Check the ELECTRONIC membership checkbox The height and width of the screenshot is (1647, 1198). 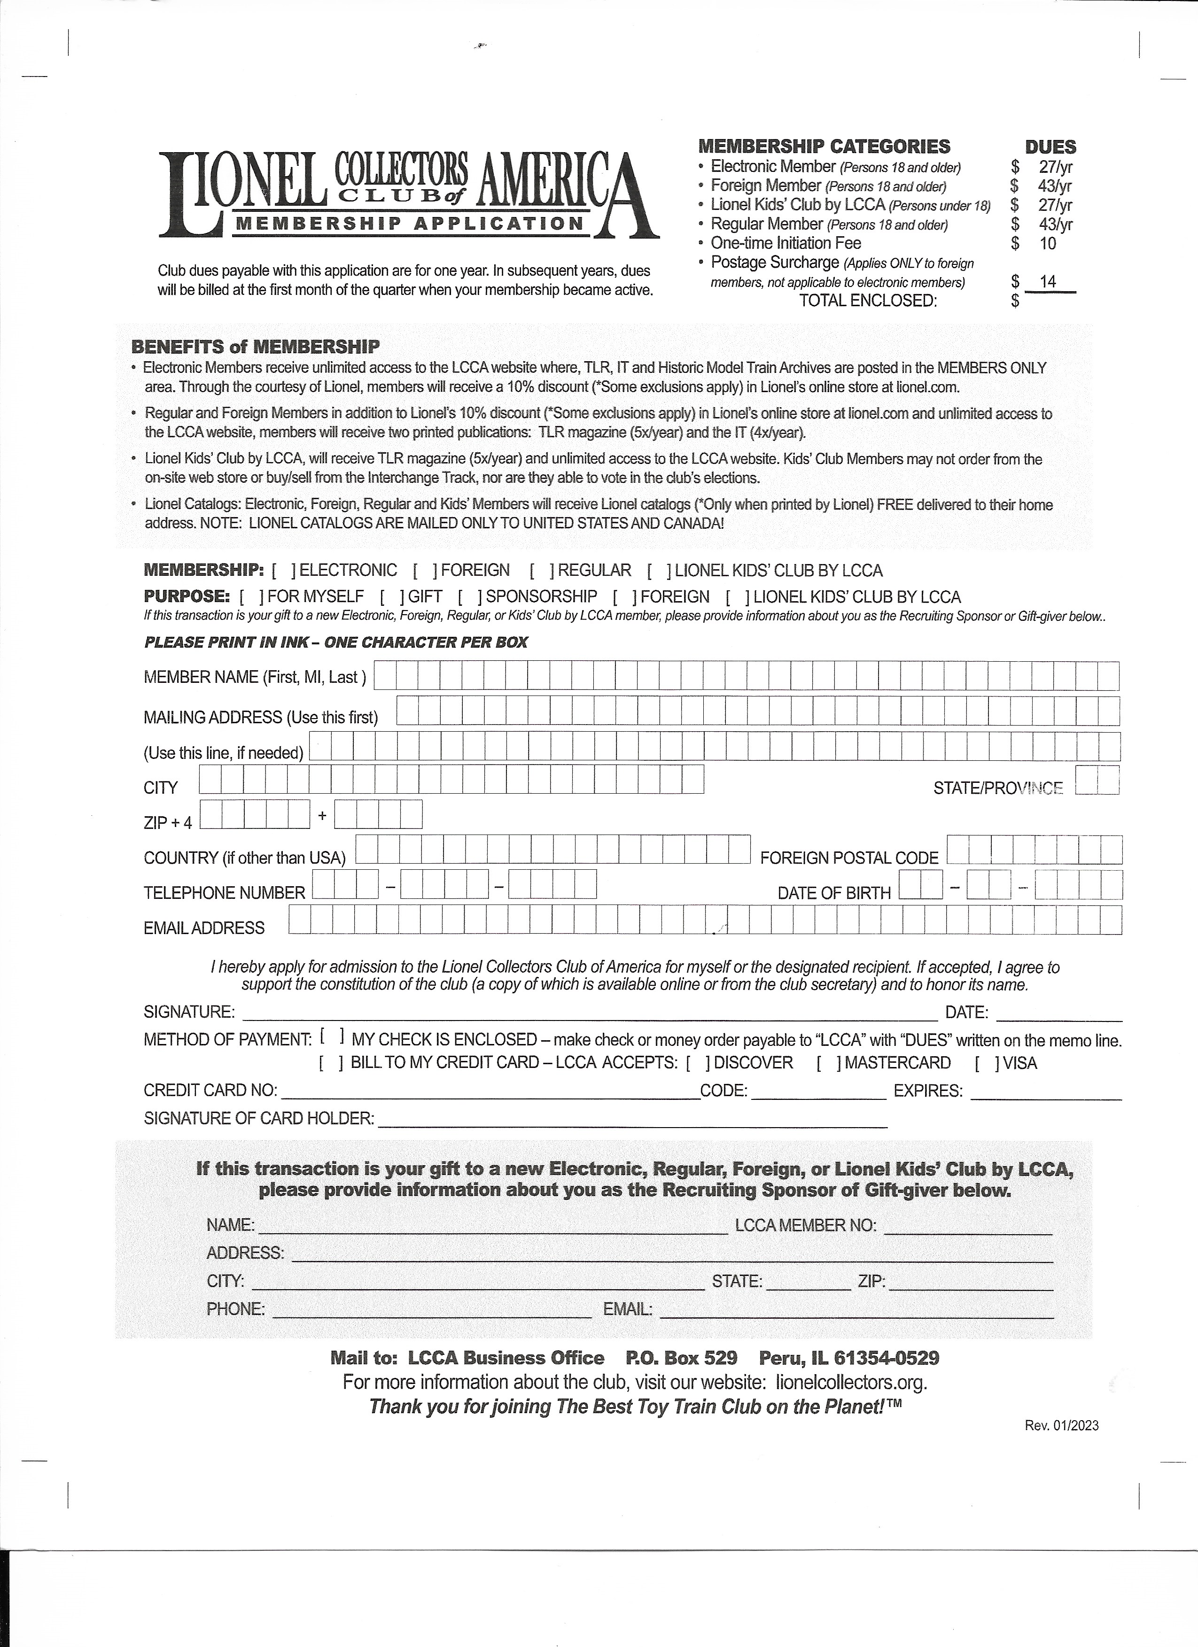[283, 571]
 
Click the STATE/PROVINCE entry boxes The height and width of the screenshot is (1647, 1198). [1097, 781]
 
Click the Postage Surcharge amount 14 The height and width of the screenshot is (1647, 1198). [1048, 282]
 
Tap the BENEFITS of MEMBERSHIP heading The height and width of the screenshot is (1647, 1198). [255, 347]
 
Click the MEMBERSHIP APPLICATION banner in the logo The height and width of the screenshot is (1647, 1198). [411, 224]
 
